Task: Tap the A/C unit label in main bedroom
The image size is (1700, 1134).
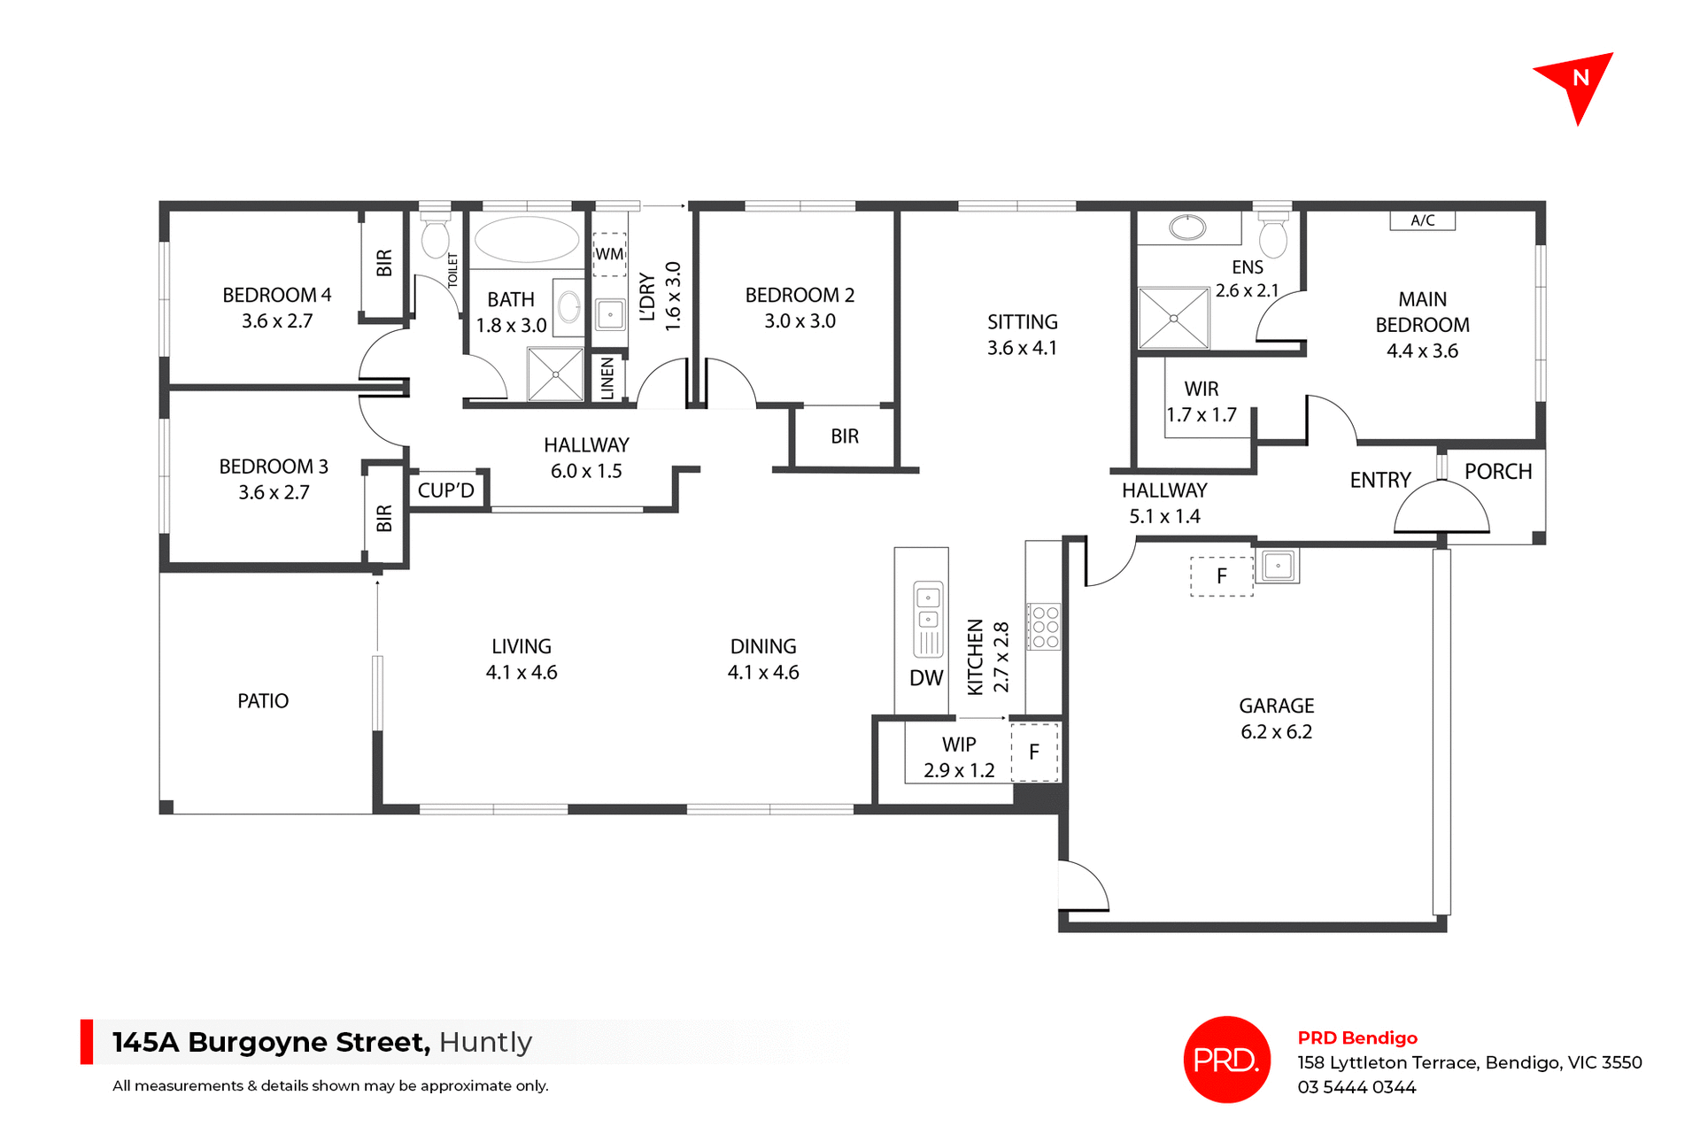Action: pyautogui.click(x=1422, y=220)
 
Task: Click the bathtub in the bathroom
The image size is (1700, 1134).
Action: pyautogui.click(x=526, y=239)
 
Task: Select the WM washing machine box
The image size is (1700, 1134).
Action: pyautogui.click(x=609, y=254)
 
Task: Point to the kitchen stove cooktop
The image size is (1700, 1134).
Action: pyautogui.click(x=1044, y=627)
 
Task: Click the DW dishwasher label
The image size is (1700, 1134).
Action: pyautogui.click(x=926, y=678)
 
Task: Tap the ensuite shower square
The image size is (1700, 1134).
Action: pyautogui.click(x=1173, y=318)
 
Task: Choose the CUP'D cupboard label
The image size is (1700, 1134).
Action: pyautogui.click(x=445, y=490)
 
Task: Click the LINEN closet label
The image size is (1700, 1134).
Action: pyautogui.click(x=607, y=378)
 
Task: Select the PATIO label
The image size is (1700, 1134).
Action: pyautogui.click(x=263, y=701)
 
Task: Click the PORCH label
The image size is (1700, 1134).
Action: pyautogui.click(x=1498, y=472)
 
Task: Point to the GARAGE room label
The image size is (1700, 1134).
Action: pyautogui.click(x=1276, y=706)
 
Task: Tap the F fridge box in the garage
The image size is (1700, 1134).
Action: pyautogui.click(x=1221, y=576)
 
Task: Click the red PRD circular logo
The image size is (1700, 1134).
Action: pyautogui.click(x=1226, y=1060)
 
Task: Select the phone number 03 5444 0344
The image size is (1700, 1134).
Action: pyautogui.click(x=1356, y=1087)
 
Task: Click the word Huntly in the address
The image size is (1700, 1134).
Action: pyautogui.click(x=485, y=1042)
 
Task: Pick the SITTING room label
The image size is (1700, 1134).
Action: pyautogui.click(x=1022, y=322)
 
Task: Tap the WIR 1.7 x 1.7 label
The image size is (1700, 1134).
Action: pyautogui.click(x=1202, y=402)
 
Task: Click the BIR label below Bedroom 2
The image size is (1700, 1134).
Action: pyautogui.click(x=845, y=436)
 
